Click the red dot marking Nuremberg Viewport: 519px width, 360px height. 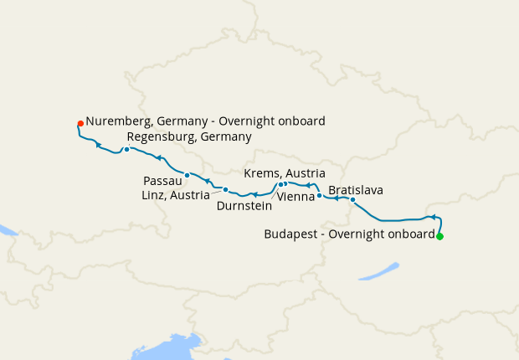80,123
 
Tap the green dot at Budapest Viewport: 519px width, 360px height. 439,236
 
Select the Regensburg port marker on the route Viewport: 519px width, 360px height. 126,150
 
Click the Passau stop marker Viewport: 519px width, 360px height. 188,176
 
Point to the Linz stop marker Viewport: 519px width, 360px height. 225,190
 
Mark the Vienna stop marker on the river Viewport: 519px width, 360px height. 319,195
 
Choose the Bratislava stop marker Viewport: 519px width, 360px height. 352,200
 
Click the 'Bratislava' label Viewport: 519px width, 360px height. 356,190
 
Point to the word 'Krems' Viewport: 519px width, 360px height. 261,172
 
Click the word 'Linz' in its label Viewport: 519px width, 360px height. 154,195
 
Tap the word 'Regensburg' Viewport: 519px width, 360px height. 162,136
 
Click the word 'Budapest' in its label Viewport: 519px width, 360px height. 290,234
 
